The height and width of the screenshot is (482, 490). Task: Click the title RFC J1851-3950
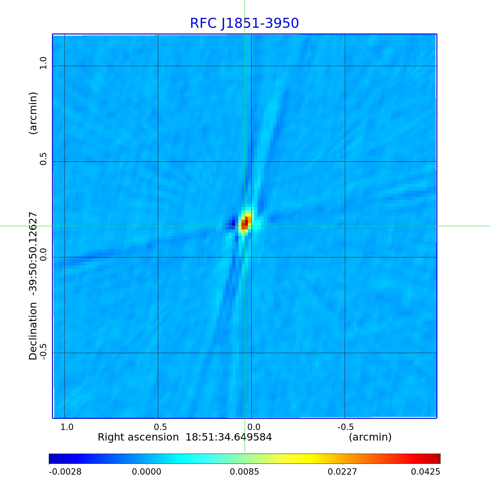244,23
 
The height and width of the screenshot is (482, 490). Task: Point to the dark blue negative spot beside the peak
233,222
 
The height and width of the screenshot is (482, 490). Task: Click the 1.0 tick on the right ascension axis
67,427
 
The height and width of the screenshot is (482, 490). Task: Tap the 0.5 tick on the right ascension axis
160,427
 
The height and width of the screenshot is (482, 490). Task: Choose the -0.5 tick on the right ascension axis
346,427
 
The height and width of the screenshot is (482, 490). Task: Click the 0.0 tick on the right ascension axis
254,427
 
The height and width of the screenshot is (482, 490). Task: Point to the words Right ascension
138,437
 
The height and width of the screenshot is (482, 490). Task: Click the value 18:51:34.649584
229,437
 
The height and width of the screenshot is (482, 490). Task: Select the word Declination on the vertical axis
33,331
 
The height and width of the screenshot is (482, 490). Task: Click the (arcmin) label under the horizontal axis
370,437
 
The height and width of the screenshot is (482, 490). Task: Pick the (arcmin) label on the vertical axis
33,113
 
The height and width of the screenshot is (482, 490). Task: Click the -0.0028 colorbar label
65,472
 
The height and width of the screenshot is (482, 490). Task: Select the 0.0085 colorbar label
245,472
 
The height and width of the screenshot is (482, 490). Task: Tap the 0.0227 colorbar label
343,472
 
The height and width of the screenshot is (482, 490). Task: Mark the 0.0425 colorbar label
426,472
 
